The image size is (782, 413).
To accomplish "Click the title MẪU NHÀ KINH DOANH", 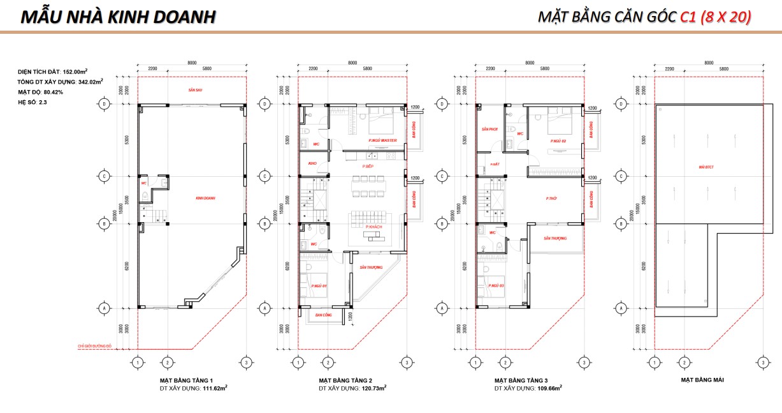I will click(119, 17).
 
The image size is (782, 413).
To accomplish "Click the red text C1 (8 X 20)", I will click(715, 17).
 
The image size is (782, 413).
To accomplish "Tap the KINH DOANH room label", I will click(205, 199).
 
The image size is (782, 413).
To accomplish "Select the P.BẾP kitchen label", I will click(368, 166).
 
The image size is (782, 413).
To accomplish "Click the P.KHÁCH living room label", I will click(373, 228).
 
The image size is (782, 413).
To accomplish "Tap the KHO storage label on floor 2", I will click(312, 163).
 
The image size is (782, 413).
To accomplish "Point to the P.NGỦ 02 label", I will click(558, 140).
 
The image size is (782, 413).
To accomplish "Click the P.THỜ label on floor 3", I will click(552, 199).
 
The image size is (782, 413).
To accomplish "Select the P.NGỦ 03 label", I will click(496, 285).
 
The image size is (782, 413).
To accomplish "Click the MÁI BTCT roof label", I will click(706, 167).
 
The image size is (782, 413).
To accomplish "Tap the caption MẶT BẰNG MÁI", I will click(702, 380).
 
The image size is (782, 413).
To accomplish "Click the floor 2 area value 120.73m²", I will click(371, 387).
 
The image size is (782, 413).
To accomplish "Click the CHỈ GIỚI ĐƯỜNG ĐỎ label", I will click(95, 345).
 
